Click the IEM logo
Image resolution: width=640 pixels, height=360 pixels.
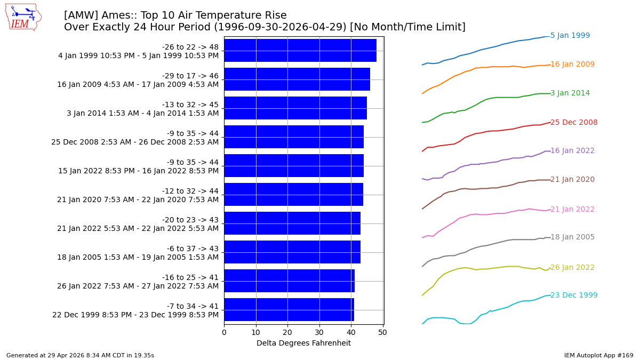[23, 17]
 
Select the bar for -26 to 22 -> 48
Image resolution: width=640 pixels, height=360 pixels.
[300, 51]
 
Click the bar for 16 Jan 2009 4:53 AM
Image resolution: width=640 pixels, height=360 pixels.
[297, 79]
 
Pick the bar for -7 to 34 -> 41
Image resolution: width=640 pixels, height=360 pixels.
[289, 310]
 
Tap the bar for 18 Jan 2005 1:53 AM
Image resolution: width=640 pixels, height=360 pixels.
[292, 252]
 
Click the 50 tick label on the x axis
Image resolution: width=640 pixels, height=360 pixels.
[382, 332]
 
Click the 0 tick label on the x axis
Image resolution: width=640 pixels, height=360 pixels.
[224, 332]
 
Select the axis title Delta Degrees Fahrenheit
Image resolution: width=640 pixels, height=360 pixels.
[303, 343]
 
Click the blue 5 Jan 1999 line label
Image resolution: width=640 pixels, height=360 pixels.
[570, 36]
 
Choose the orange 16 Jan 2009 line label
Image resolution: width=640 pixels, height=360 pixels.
[572, 65]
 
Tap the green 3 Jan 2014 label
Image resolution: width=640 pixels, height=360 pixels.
[570, 93]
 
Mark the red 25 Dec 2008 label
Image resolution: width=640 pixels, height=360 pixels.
[574, 123]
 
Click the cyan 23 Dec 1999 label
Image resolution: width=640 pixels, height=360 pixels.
[574, 295]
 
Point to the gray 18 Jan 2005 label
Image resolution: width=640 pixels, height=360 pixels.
[572, 237]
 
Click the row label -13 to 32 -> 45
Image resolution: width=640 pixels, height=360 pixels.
[190, 105]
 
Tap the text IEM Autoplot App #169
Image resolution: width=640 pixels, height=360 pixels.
[598, 355]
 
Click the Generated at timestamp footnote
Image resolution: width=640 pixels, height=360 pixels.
[80, 355]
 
